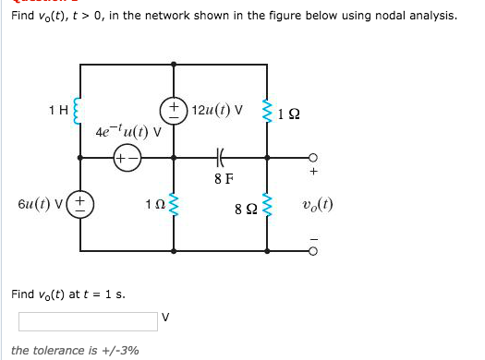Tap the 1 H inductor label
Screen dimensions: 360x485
tap(56, 112)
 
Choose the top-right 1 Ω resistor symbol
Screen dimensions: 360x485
tap(268, 111)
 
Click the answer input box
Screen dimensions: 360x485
tap(88, 320)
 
